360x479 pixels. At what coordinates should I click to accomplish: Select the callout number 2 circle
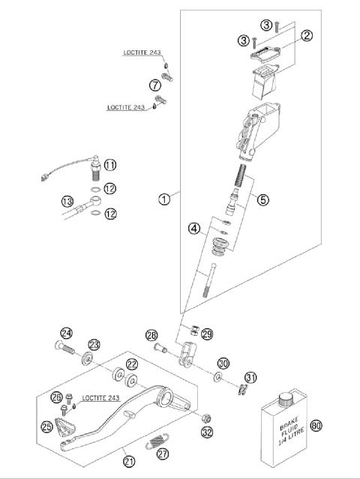click(307, 34)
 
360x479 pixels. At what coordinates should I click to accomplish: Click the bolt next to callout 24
click(65, 349)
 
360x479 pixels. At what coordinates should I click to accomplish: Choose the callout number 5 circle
click(262, 199)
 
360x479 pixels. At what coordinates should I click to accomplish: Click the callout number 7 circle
click(155, 84)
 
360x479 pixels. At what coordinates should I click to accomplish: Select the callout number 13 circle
click(67, 201)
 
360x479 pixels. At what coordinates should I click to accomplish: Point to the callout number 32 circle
click(207, 432)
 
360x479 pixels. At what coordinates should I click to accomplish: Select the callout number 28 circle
click(152, 334)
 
